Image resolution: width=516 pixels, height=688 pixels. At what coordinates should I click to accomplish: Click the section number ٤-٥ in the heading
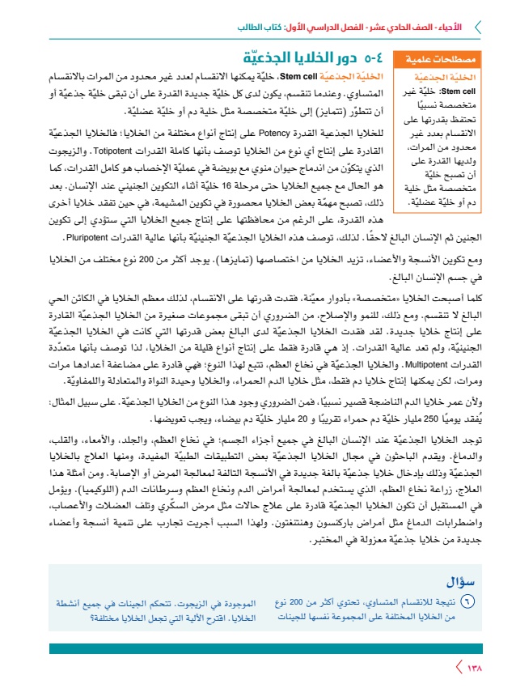coord(373,59)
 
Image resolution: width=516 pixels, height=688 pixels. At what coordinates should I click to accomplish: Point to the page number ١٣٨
coord(475,668)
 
